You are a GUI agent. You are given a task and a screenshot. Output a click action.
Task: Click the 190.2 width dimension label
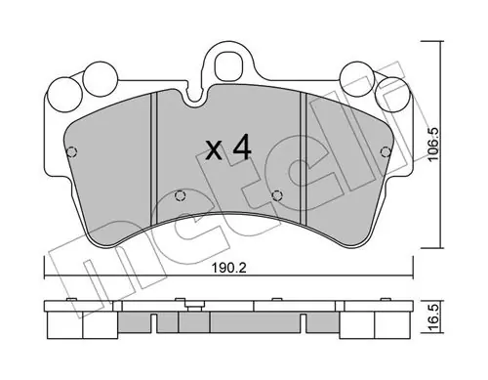tap(229, 269)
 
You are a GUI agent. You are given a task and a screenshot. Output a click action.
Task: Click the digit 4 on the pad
tap(242, 148)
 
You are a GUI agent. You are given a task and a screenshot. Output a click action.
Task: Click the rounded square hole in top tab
tap(229, 65)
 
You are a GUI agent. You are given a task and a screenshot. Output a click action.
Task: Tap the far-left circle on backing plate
tap(64, 95)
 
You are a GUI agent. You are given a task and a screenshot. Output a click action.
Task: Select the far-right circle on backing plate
tap(391, 94)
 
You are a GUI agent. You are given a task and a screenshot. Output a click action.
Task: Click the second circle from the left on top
tap(101, 79)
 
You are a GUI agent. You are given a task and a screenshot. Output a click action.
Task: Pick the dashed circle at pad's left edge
tap(71, 151)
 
